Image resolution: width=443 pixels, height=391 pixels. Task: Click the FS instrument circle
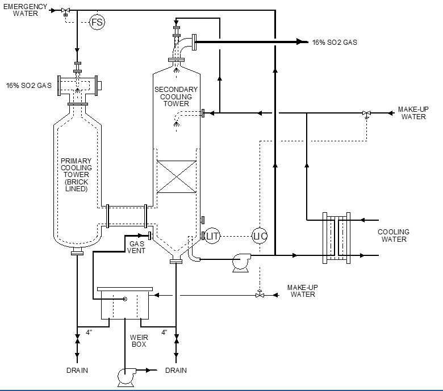point(97,22)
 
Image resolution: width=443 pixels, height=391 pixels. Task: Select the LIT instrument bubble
point(212,236)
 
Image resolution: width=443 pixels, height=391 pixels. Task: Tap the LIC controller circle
point(260,236)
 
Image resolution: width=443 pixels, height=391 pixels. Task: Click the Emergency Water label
point(25,10)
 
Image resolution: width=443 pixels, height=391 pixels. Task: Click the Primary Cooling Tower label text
point(76,175)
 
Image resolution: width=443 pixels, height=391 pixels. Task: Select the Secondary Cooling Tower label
point(176,96)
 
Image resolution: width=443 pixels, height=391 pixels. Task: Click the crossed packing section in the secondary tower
point(177,176)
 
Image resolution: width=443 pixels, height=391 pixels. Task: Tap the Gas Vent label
point(136,247)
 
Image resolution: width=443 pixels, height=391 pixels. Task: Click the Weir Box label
point(139,340)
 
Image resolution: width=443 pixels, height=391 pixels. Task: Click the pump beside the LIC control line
point(241,263)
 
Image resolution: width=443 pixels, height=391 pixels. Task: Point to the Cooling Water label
point(394,236)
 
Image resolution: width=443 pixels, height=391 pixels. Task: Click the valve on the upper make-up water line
point(366,114)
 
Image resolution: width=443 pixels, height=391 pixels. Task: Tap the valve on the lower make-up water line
point(260,294)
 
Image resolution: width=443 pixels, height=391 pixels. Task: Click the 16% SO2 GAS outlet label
point(335,43)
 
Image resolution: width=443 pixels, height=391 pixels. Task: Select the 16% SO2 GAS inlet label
point(29,86)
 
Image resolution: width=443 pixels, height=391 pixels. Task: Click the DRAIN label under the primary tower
point(77,371)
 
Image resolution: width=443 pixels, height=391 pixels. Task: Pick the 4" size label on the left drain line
point(89,333)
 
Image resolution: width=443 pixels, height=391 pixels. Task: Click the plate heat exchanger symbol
point(336,238)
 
